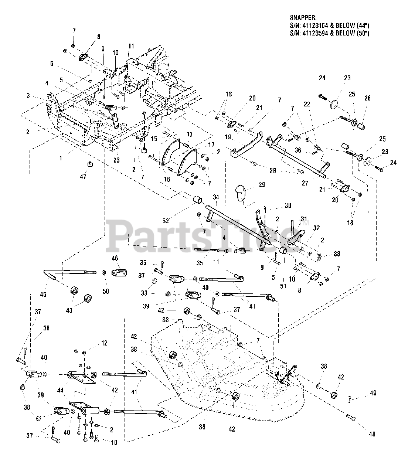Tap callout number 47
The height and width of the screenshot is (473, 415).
[x=83, y=177]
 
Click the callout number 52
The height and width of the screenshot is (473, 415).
[x=165, y=221]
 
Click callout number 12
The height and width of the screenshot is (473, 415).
[x=104, y=343]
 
